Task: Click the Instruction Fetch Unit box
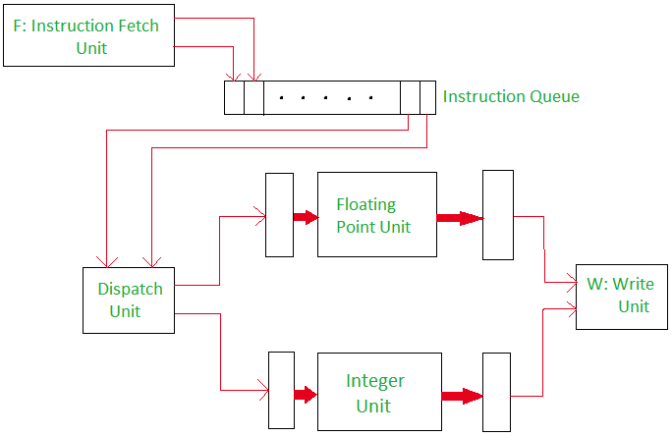pyautogui.click(x=88, y=37)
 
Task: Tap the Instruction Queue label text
pyautogui.click(x=511, y=96)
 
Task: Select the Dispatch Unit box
pyautogui.click(x=129, y=300)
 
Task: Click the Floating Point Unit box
pyautogui.click(x=376, y=214)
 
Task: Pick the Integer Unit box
pyautogui.click(x=377, y=392)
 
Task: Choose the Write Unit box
pyautogui.click(x=621, y=296)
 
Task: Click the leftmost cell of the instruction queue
pyautogui.click(x=234, y=97)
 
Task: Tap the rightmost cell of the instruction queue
pyautogui.click(x=427, y=97)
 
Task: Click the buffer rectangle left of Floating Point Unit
pyautogui.click(x=279, y=215)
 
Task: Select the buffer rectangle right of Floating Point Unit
pyautogui.click(x=498, y=215)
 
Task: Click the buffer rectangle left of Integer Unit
pyautogui.click(x=281, y=392)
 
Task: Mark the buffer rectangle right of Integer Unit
pyautogui.click(x=497, y=392)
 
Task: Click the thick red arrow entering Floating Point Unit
pyautogui.click(x=305, y=216)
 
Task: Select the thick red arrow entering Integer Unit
pyautogui.click(x=306, y=395)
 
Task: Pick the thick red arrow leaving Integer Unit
pyautogui.click(x=461, y=397)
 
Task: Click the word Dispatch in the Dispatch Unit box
pyautogui.click(x=130, y=289)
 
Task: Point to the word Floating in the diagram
pyautogui.click(x=365, y=204)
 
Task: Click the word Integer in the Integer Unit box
pyautogui.click(x=375, y=381)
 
